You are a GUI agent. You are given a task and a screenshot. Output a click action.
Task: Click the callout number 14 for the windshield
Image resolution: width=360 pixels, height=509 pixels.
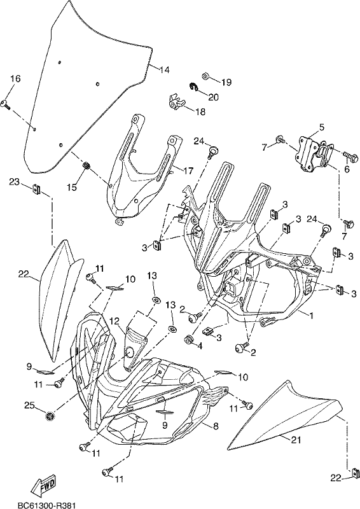click(165, 69)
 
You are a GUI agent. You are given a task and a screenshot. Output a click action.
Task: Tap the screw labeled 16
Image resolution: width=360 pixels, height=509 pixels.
click(6, 104)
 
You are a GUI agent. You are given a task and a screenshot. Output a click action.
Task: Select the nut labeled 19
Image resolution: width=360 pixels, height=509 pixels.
click(205, 76)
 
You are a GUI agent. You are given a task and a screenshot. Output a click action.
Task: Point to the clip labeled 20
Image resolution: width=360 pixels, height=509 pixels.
click(193, 87)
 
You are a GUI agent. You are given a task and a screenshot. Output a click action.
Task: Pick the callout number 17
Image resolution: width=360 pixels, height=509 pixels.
click(188, 170)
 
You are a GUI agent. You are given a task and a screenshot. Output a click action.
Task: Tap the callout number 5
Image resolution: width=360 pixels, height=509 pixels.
click(321, 127)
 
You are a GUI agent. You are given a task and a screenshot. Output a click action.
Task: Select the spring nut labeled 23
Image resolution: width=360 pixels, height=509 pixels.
click(36, 188)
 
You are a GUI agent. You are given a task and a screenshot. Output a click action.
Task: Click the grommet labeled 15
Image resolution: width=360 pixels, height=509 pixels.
click(87, 165)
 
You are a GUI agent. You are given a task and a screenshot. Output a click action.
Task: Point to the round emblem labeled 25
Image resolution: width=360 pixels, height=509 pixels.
click(50, 415)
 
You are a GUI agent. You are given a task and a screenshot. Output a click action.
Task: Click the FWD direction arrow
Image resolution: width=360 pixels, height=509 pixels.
click(45, 483)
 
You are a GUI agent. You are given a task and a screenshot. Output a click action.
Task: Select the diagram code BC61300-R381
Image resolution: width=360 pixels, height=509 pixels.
click(46, 505)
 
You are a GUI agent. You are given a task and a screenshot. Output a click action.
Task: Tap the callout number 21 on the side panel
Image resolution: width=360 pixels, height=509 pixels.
click(295, 440)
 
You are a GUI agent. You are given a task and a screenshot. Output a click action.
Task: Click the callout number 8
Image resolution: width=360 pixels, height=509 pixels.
click(216, 426)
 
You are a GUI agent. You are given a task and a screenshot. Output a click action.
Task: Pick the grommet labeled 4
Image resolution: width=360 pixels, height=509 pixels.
click(188, 340)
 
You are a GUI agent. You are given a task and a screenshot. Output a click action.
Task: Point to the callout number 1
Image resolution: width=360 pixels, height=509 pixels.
click(311, 315)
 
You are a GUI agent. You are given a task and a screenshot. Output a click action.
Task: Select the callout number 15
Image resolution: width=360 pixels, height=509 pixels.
click(73, 187)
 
